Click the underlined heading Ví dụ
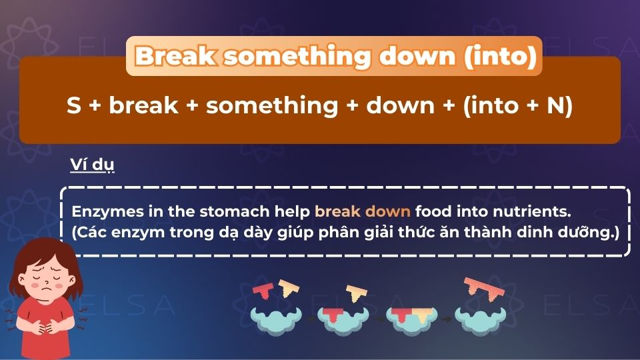pyautogui.click(x=92, y=165)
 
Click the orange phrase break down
pyautogui.click(x=363, y=212)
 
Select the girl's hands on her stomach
pyautogui.click(x=41, y=328)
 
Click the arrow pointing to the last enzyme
pyautogui.click(x=445, y=319)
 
